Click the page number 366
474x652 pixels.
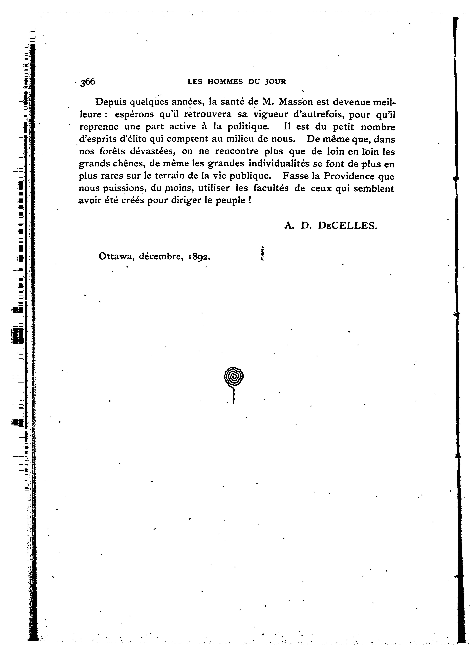click(88, 82)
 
